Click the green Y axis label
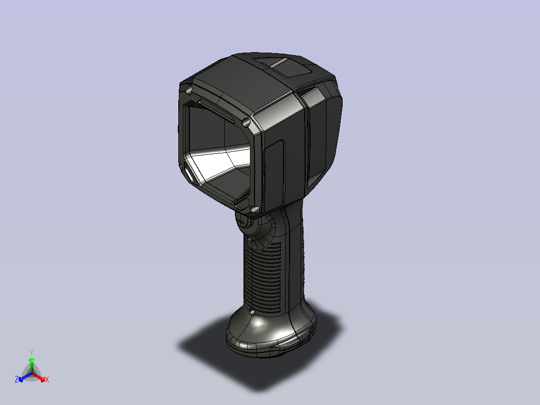(x=32, y=352)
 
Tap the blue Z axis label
(x=17, y=379)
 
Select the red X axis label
(x=47, y=379)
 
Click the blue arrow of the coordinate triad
(x=25, y=377)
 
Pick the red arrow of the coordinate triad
(x=39, y=377)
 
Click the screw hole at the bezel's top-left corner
(x=188, y=91)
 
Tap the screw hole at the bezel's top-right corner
(x=245, y=122)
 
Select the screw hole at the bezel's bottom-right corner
(x=254, y=209)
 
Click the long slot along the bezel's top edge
(x=216, y=111)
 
